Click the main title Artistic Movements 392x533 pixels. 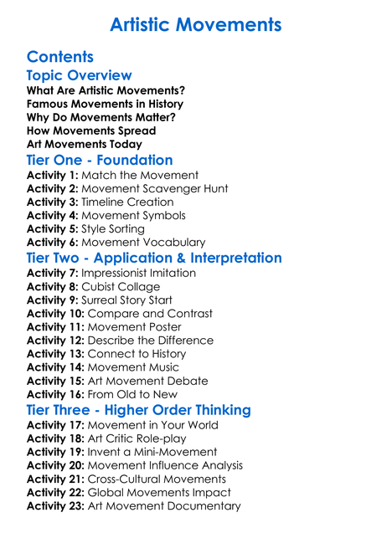195,24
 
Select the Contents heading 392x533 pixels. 59,57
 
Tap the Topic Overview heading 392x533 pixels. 79,76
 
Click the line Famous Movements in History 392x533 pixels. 105,104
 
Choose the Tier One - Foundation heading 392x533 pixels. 100,160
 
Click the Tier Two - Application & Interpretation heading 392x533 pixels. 154,258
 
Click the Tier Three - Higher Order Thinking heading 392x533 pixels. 138,410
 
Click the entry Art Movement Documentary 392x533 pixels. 164,505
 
